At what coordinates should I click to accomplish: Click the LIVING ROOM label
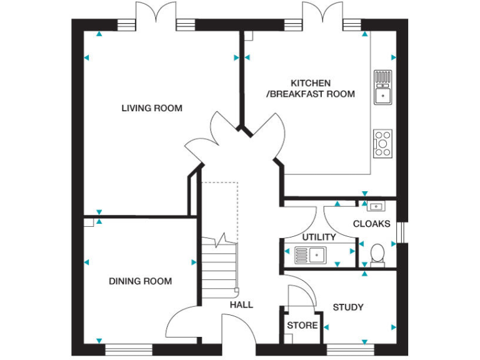click(x=152, y=108)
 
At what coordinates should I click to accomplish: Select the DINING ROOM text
click(x=140, y=281)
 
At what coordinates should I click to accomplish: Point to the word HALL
click(x=241, y=305)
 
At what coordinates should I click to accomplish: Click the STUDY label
click(x=348, y=307)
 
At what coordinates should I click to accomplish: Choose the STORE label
click(x=302, y=326)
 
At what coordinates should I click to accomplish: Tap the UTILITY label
click(x=319, y=237)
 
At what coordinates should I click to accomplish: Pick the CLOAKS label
click(x=371, y=224)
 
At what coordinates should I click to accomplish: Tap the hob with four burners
click(x=382, y=143)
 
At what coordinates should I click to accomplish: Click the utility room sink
click(x=310, y=255)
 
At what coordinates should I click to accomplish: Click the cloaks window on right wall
click(x=402, y=232)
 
